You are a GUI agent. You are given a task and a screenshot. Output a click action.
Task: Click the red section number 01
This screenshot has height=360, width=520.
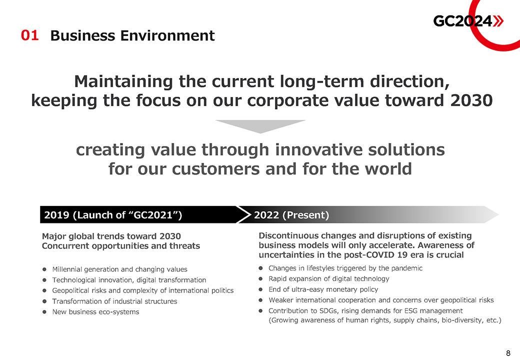coord(30,35)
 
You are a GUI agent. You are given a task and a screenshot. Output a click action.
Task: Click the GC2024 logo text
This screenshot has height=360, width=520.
coord(463,21)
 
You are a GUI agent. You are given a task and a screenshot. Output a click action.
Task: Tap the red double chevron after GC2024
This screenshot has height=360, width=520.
coord(498,21)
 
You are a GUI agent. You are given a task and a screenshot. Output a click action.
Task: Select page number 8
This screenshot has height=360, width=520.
coord(508,353)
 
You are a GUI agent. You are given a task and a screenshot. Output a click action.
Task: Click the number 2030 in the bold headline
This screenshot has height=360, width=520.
coord(471,100)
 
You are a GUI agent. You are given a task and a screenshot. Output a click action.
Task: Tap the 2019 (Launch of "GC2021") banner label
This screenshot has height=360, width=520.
coord(113,215)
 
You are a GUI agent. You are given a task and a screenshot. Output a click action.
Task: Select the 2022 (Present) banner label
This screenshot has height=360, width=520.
coord(291,215)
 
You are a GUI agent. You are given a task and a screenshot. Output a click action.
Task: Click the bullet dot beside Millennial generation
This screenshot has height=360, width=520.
coord(44,269)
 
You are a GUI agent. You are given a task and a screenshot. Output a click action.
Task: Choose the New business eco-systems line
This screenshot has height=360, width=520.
coord(95,311)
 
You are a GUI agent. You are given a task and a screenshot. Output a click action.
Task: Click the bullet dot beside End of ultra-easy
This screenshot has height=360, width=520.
coord(260,289)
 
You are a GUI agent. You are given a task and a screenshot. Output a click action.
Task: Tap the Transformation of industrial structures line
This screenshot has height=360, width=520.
coord(114,301)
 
